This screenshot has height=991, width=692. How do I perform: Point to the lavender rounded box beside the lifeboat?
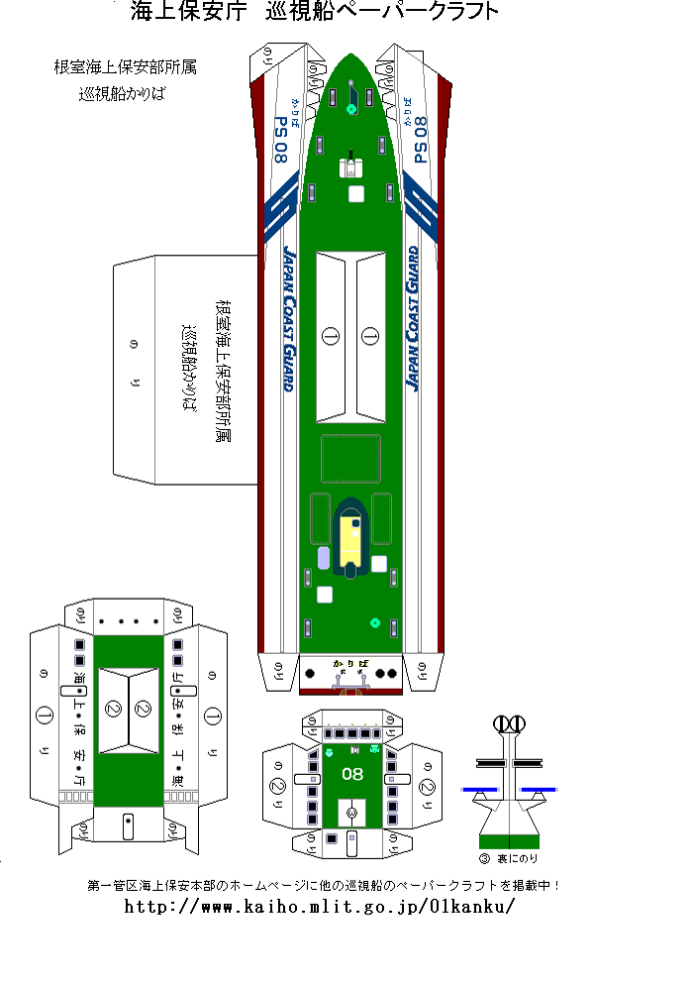[x=324, y=557]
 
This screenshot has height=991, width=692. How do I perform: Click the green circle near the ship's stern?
[x=375, y=623]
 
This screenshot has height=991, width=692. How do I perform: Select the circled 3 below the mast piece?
[x=485, y=858]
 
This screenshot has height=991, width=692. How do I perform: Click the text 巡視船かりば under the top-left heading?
[x=125, y=96]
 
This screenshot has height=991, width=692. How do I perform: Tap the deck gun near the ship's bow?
[x=351, y=163]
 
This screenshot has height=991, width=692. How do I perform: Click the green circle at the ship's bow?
[x=351, y=109]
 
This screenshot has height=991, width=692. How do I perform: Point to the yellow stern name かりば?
[x=351, y=661]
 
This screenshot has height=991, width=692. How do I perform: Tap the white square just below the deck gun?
[x=356, y=194]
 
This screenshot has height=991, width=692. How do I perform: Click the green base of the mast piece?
[x=509, y=841]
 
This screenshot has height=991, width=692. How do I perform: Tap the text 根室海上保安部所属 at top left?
[x=125, y=67]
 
